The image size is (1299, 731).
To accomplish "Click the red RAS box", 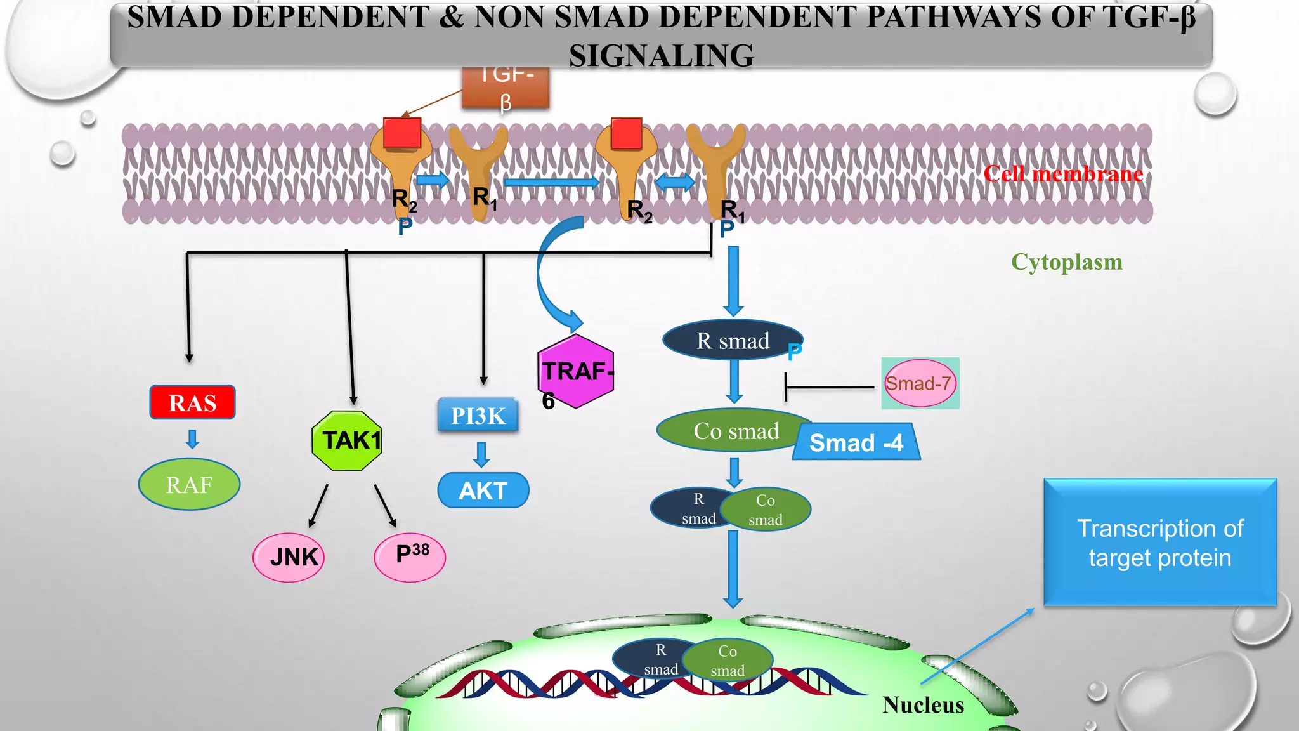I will (x=192, y=402).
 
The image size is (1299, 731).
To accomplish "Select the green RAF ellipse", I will (x=189, y=485).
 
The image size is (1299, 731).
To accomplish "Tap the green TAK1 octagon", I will (x=348, y=440).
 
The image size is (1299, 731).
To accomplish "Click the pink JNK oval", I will (x=289, y=557).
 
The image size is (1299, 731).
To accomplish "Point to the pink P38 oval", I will (x=410, y=556).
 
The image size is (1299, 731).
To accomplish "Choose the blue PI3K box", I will (x=478, y=416).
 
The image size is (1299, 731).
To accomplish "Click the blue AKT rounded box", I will (x=483, y=491).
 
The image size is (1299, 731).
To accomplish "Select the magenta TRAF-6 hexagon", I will (x=575, y=372).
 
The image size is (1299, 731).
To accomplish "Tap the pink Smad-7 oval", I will (x=919, y=383).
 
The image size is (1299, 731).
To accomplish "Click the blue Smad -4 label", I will (x=856, y=442).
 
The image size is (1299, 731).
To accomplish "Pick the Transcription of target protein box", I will (x=1159, y=543).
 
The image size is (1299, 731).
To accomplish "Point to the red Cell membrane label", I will (x=1063, y=174).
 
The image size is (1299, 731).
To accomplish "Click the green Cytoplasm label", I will (x=1066, y=262).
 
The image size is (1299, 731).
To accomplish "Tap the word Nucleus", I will (x=923, y=705).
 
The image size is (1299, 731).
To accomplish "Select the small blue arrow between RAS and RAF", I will (x=193, y=438).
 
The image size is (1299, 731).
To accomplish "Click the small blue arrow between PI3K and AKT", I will (x=482, y=454).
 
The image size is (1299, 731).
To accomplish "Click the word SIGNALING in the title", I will (x=661, y=56).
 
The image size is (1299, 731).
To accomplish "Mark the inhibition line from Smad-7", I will (x=828, y=386).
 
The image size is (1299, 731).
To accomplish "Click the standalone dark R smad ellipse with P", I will (x=733, y=341).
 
